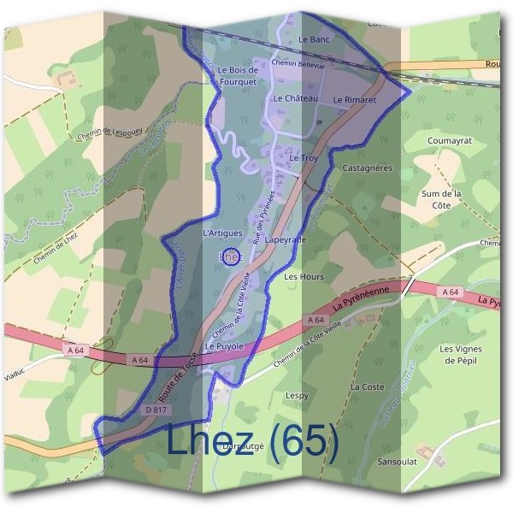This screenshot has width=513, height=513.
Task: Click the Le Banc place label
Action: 315,39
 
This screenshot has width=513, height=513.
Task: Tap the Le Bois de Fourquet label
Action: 238,76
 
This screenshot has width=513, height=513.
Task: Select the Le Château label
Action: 296,99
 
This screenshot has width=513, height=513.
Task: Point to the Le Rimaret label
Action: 354,100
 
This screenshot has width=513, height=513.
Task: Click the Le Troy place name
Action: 304,158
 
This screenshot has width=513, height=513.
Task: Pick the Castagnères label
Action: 367,168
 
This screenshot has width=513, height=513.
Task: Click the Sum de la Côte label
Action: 441,200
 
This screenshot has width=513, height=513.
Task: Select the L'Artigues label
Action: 223,233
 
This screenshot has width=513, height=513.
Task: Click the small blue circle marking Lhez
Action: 229,256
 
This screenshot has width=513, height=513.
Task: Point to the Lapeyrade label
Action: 286,241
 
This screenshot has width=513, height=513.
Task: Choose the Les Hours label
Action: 304,277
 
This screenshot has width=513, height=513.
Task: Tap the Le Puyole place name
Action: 225,346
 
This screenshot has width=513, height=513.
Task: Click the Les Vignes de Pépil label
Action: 461,355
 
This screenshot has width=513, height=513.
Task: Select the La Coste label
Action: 368,387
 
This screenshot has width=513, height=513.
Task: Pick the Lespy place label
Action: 297,396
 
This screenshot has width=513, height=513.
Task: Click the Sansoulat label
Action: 398,461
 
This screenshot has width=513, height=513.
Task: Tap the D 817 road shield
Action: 155,410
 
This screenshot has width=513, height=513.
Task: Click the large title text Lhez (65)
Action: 253,441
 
